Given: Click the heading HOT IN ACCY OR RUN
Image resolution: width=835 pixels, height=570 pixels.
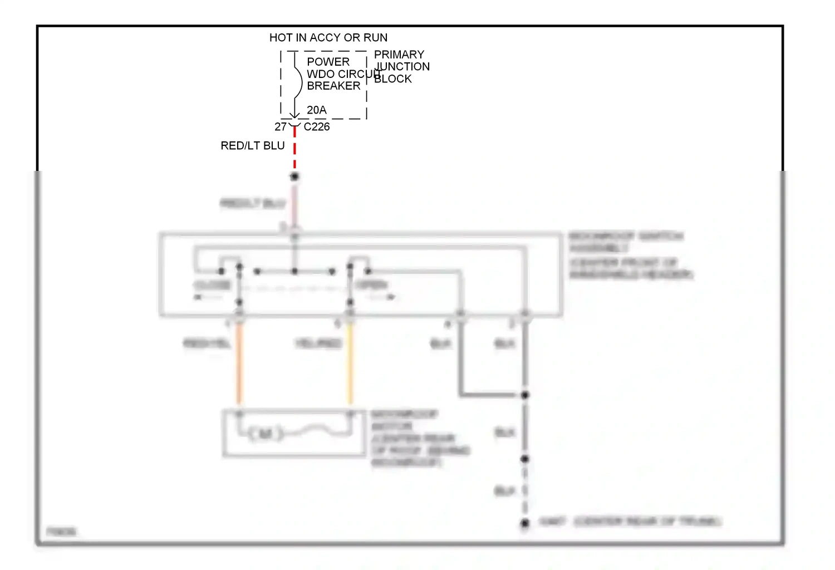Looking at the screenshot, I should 328,37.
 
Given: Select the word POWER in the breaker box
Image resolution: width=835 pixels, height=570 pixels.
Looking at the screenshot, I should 328,62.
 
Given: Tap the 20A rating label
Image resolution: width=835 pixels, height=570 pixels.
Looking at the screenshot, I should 316,110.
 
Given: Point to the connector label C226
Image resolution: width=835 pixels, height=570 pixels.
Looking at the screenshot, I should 316,127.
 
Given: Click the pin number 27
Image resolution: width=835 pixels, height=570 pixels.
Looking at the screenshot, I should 280,127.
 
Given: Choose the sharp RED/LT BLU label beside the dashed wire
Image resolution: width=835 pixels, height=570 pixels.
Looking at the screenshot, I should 252,145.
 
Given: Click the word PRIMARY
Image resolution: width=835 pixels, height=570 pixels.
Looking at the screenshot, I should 399,55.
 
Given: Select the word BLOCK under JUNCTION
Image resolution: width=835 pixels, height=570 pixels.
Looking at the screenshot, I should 392,79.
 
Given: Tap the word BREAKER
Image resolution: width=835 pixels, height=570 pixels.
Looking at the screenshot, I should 333,86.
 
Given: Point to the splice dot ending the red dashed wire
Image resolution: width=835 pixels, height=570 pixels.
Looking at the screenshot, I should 294,176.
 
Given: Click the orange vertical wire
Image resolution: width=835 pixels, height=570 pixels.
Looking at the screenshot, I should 239,365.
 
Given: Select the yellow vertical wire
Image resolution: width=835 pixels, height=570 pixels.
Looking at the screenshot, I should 350,365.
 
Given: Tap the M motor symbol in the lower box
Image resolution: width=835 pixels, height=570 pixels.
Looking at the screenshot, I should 265,433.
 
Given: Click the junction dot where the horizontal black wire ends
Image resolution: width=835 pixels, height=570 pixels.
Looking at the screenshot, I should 524,395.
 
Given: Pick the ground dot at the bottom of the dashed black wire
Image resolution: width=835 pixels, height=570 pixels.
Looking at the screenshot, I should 524,523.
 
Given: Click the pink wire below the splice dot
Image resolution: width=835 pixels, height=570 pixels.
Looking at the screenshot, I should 295,203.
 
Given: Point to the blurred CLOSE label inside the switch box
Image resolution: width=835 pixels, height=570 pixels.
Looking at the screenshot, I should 212,285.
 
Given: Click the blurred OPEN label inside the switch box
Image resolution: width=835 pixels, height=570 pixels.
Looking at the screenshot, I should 371,285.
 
